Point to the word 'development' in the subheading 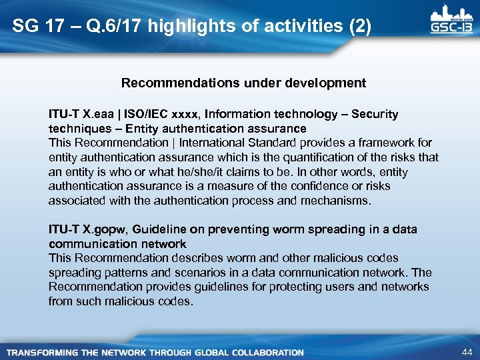[x=330, y=83]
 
